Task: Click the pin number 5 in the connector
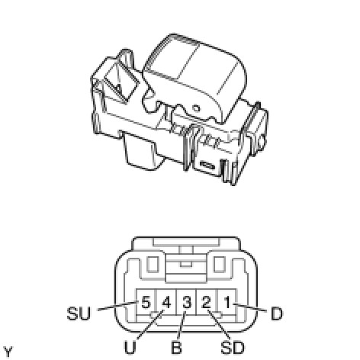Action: click(146, 303)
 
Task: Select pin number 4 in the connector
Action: click(166, 303)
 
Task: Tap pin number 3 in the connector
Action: click(187, 303)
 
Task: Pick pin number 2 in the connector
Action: click(207, 303)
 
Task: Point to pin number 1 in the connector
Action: click(227, 303)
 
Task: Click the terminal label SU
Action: click(79, 313)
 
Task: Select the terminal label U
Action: click(130, 348)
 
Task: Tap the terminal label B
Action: click(176, 348)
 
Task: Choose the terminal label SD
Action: click(233, 348)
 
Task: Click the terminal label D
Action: click(277, 313)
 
